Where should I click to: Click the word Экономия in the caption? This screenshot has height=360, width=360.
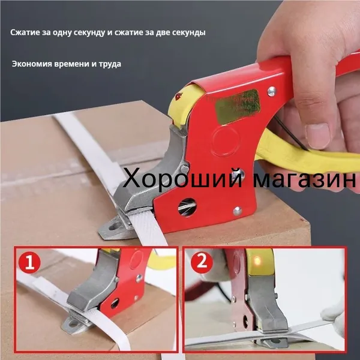click(x=32, y=64)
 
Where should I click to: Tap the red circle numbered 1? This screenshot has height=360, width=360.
click(x=29, y=262)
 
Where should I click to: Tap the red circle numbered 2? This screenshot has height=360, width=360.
click(x=202, y=262)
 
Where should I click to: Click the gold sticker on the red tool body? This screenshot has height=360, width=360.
click(x=238, y=107)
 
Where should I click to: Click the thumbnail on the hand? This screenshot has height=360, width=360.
click(x=317, y=136)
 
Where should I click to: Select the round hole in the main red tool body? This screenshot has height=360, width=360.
click(x=187, y=208)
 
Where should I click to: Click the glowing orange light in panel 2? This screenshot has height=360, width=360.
click(x=257, y=260)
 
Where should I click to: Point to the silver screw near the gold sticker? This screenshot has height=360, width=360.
click(x=272, y=91)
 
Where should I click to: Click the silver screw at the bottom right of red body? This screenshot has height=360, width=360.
click(x=237, y=211)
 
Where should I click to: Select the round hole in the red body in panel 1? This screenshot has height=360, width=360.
click(x=115, y=303)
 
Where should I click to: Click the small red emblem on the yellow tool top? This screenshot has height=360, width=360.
click(x=179, y=96)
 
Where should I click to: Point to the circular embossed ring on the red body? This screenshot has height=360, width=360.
click(x=224, y=139)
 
